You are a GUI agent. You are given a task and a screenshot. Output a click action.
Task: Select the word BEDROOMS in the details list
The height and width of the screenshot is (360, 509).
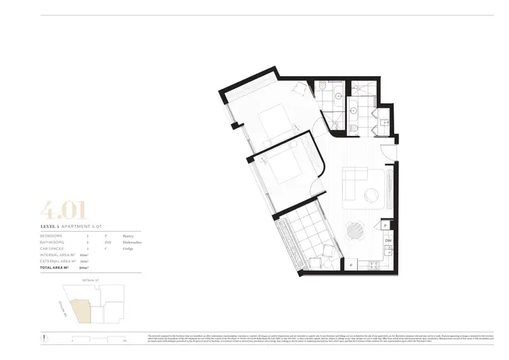point(54,234)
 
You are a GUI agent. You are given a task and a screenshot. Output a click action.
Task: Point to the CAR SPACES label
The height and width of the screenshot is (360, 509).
point(55,249)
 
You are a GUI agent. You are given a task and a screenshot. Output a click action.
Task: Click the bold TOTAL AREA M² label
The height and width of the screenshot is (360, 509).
point(57,268)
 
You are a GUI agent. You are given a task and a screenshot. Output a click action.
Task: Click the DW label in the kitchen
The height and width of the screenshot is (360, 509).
point(388,241)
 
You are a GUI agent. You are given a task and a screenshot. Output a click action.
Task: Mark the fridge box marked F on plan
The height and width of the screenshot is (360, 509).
point(351,264)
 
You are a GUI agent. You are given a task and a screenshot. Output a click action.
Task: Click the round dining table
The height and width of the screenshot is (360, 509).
point(356,232)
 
